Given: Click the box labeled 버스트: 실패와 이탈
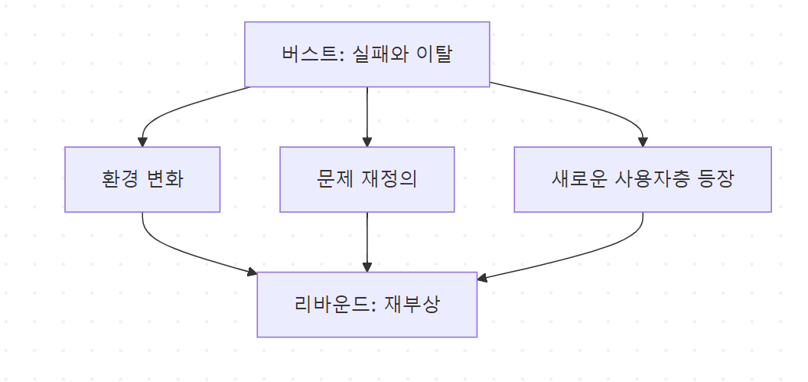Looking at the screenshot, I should tap(367, 54).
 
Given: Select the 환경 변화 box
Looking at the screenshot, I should tap(142, 179).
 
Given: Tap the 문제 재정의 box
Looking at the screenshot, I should tap(367, 179).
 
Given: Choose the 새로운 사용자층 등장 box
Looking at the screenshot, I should tap(642, 179).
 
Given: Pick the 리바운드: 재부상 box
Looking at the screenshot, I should tap(367, 305).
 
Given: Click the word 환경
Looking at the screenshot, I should tap(119, 180).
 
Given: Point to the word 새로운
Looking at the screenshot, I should tap(578, 180).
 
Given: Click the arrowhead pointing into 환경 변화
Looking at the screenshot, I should tap(142, 142).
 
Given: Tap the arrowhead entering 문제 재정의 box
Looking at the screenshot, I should tap(367, 142).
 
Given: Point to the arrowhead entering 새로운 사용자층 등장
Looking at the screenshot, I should tap(643, 142).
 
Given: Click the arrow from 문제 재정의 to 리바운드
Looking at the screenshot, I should tap(367, 241).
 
